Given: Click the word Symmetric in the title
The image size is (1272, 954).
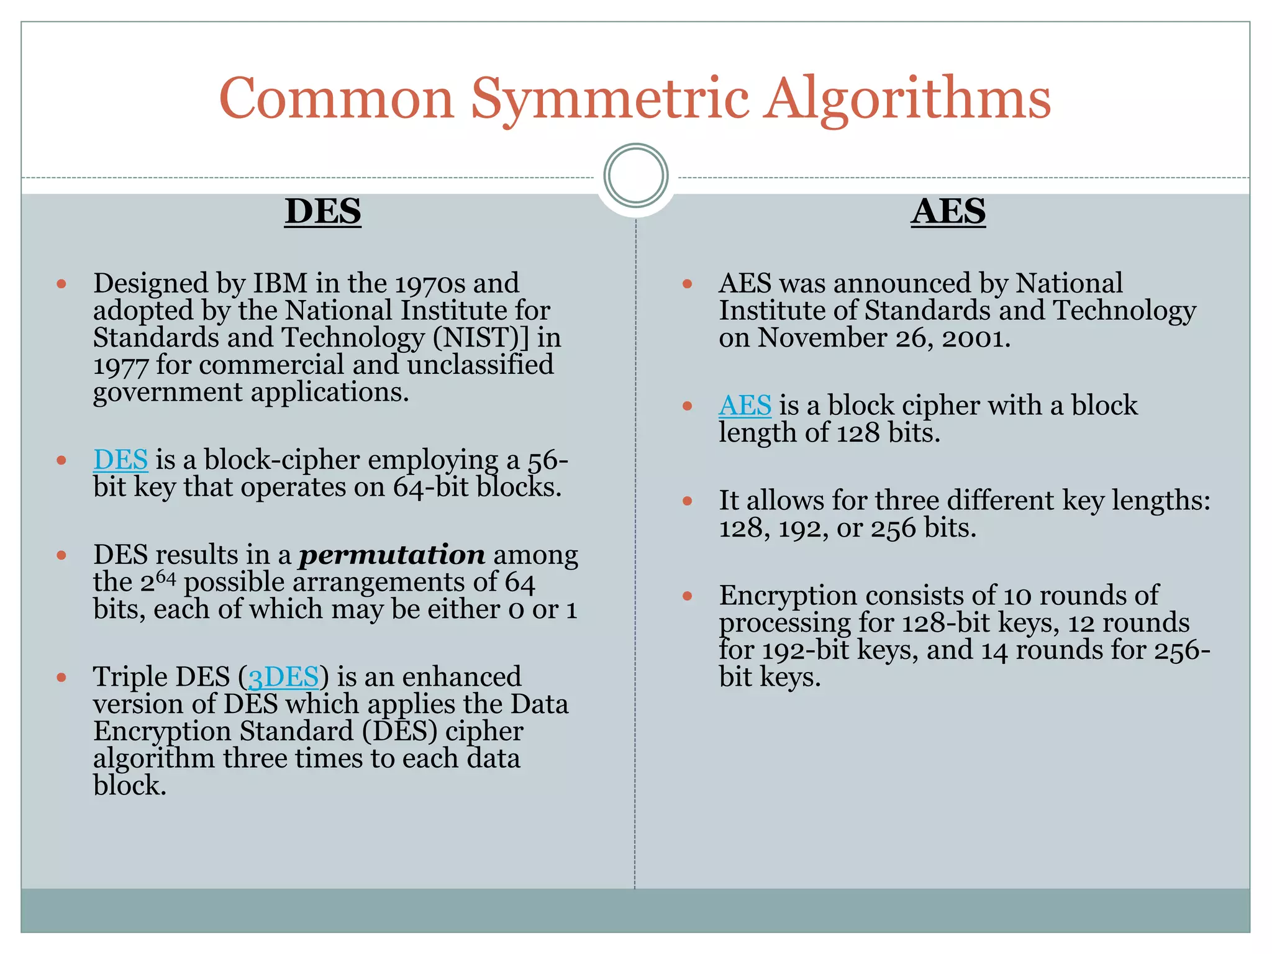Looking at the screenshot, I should pyautogui.click(x=609, y=99).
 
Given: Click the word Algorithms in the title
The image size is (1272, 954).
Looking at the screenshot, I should pyautogui.click(x=907, y=99).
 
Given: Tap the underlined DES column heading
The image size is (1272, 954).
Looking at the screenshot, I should pyautogui.click(x=323, y=211).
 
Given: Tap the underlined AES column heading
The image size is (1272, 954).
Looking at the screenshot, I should pyautogui.click(x=948, y=211).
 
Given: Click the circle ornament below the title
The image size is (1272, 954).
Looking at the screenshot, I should pyautogui.click(x=635, y=175).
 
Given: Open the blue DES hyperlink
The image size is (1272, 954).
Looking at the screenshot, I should pyautogui.click(x=120, y=460).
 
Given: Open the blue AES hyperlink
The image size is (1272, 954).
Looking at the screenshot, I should pyautogui.click(x=745, y=406).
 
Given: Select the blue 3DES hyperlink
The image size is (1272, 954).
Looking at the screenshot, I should pyautogui.click(x=283, y=677).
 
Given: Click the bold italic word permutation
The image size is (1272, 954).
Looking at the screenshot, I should pyautogui.click(x=392, y=555).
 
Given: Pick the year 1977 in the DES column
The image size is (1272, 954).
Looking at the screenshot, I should pyautogui.click(x=120, y=365).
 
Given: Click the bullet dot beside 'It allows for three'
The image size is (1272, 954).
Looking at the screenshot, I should pyautogui.click(x=687, y=501).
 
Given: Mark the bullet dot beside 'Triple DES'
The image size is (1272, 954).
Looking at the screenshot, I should pyautogui.click(x=61, y=677).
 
